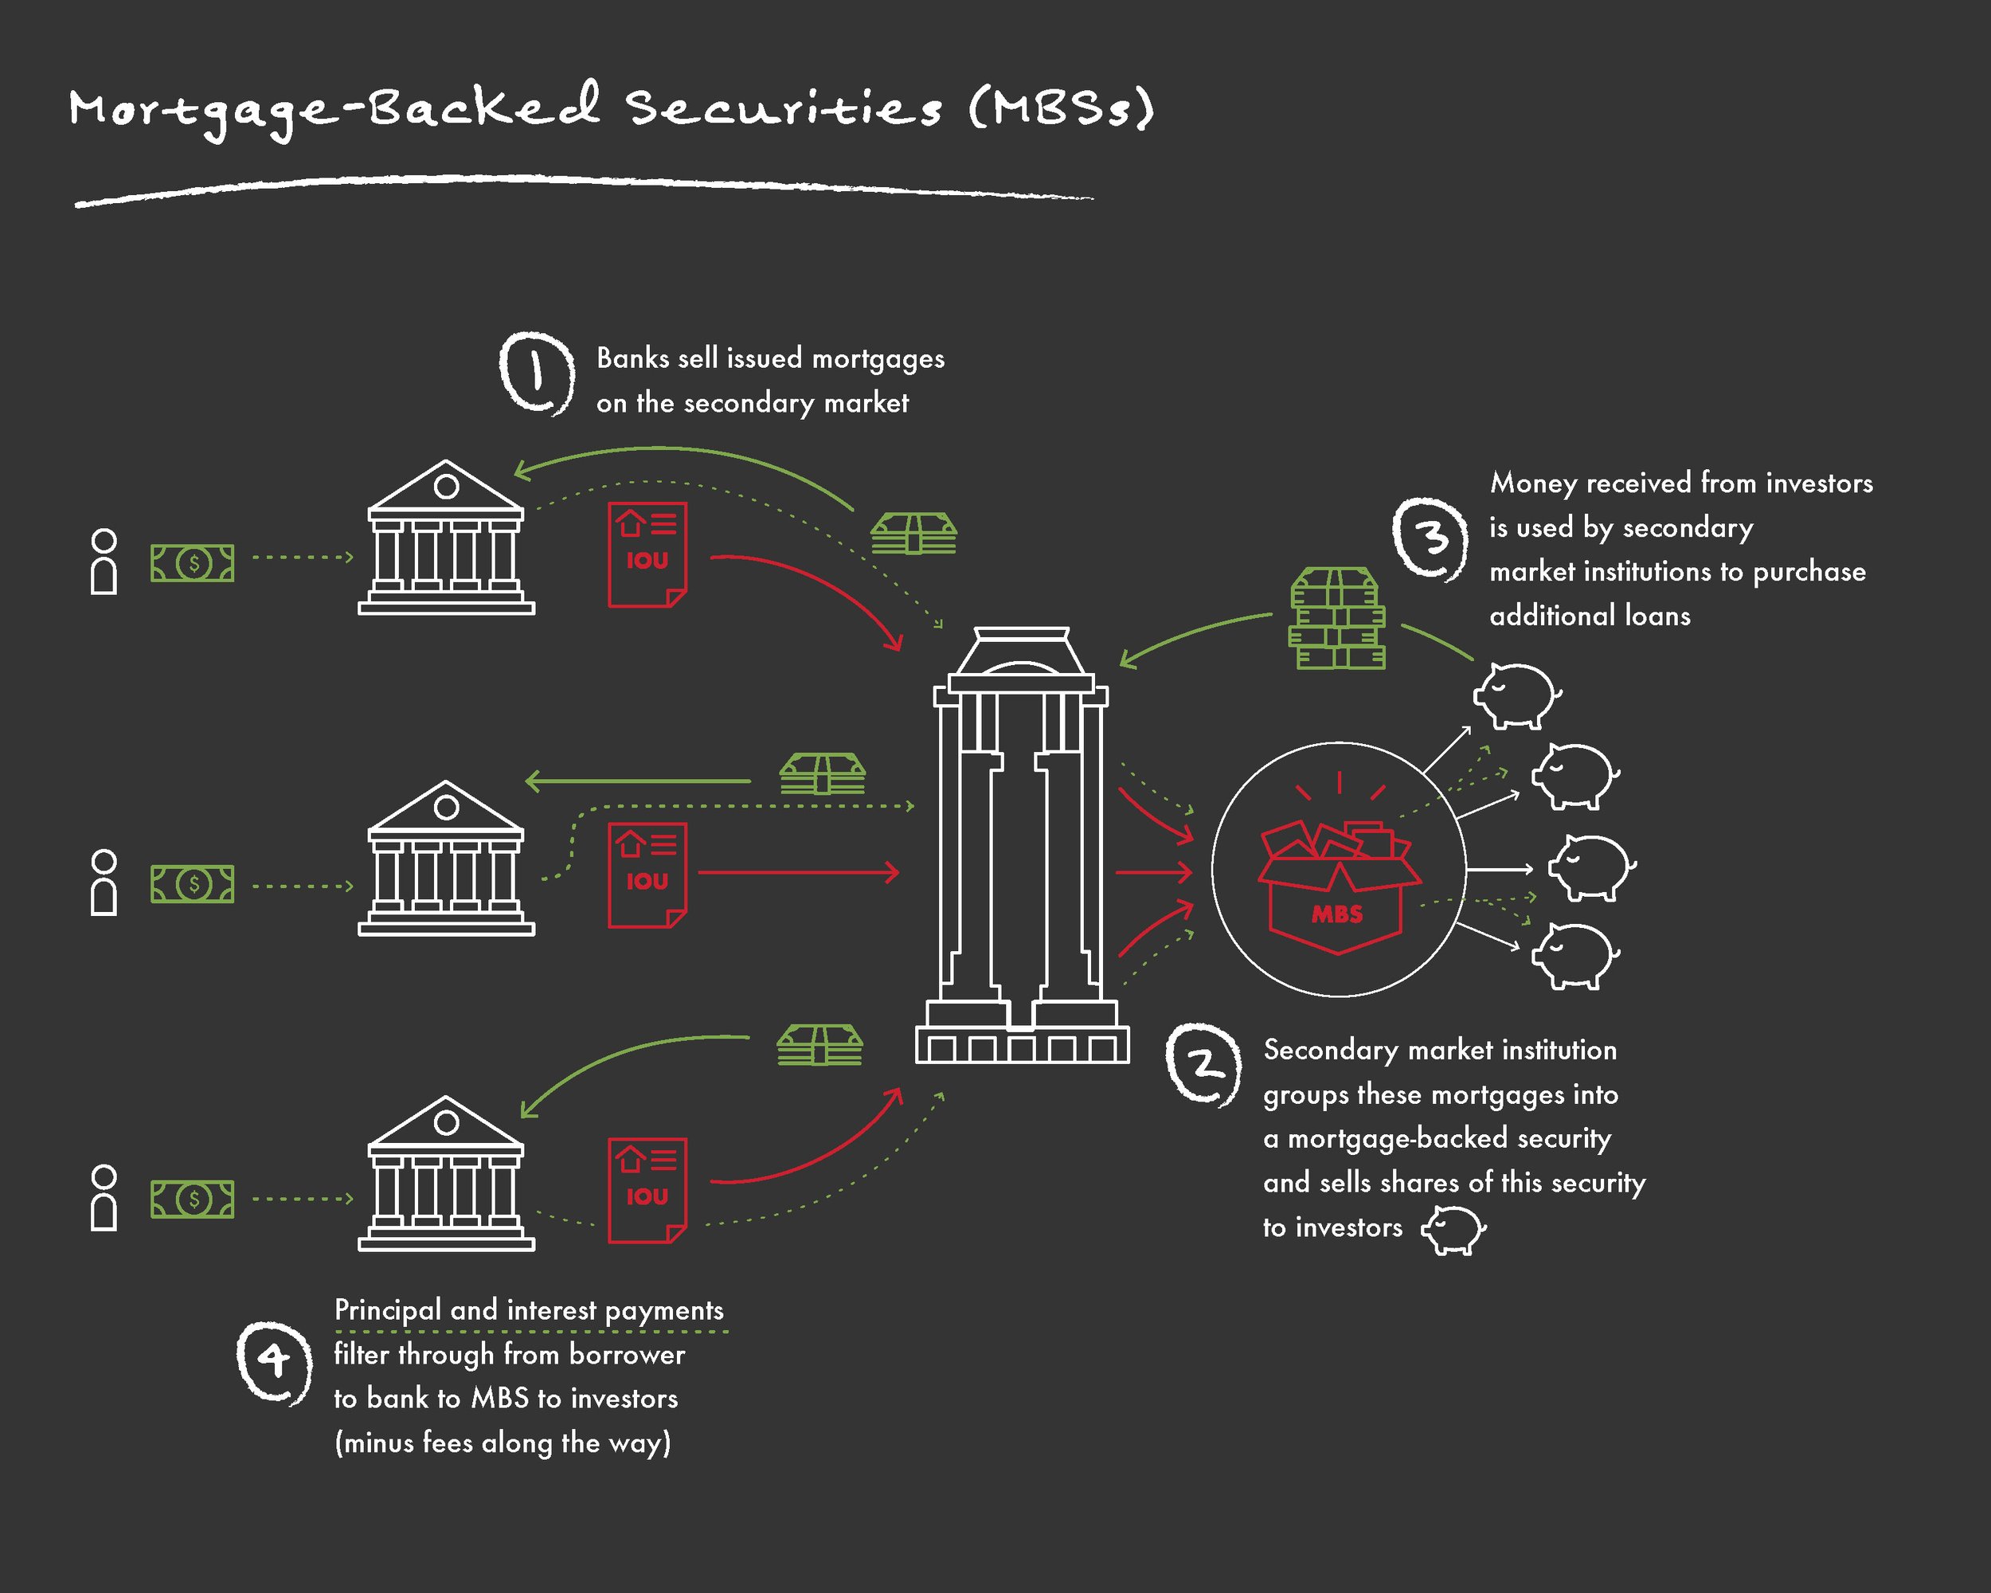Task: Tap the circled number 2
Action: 1203,1064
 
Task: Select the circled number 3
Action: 1430,538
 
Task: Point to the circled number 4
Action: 273,1361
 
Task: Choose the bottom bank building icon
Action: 446,1174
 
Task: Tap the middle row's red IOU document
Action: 647,875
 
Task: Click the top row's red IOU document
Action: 647,555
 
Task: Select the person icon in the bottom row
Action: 104,1198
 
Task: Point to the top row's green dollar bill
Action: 192,562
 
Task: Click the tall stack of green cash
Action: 1336,619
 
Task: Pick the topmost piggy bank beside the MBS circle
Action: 1516,695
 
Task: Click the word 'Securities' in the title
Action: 785,108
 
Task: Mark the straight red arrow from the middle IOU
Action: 799,871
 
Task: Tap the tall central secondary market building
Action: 1021,845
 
